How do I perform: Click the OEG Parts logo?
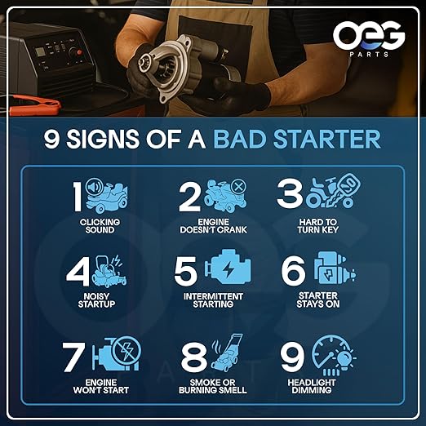pyautogui.click(x=367, y=37)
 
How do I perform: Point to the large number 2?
pyautogui.click(x=190, y=197)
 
